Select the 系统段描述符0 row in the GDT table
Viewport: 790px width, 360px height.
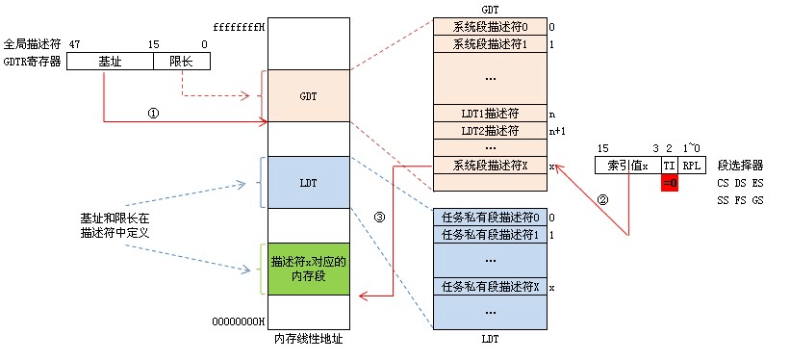489,27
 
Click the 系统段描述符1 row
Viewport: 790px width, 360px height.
489,44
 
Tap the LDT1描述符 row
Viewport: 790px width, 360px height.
489,113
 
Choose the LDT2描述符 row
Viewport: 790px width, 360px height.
489,130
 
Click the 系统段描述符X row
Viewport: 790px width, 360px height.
489,165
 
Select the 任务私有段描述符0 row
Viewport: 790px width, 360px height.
489,217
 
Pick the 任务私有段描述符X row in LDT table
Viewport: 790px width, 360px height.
489,286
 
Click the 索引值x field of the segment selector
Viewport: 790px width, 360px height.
627,165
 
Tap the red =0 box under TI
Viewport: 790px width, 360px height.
670,182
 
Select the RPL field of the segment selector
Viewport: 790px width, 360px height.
693,165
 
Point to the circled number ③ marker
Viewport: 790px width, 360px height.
379,217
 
